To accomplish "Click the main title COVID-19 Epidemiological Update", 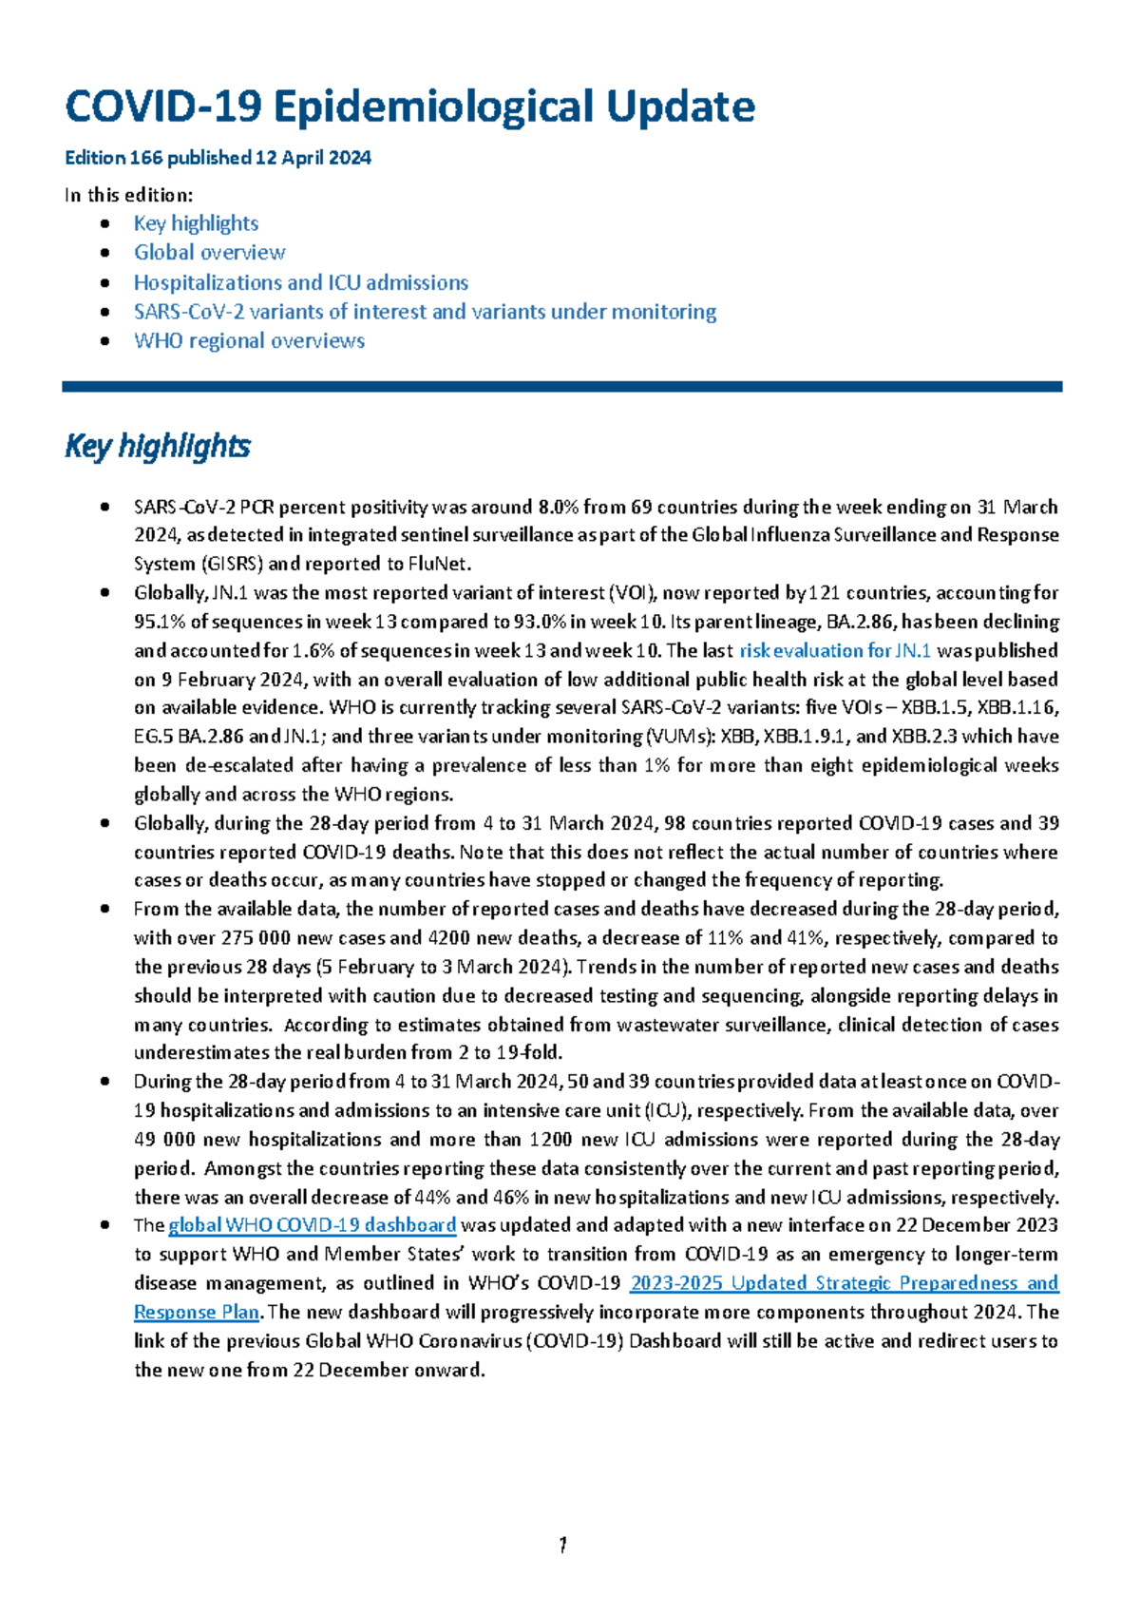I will point(409,106).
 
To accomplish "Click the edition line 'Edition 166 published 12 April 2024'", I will point(218,158).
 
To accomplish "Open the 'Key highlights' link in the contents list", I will point(196,223).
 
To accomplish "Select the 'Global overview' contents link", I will point(209,253).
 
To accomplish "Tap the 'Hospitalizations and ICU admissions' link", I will point(300,282).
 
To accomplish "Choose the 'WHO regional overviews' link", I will point(249,341).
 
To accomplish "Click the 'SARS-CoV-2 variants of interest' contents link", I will point(425,312).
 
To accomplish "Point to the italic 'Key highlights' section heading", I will point(157,446).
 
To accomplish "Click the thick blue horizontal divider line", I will point(561,387).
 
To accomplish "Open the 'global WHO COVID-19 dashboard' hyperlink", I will point(313,1225).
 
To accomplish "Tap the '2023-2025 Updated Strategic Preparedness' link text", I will point(844,1283).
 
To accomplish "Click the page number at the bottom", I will point(562,1545).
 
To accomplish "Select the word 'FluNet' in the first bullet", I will point(437,564).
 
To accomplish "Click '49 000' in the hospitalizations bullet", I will point(164,1140).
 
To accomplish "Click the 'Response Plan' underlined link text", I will point(196,1313).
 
